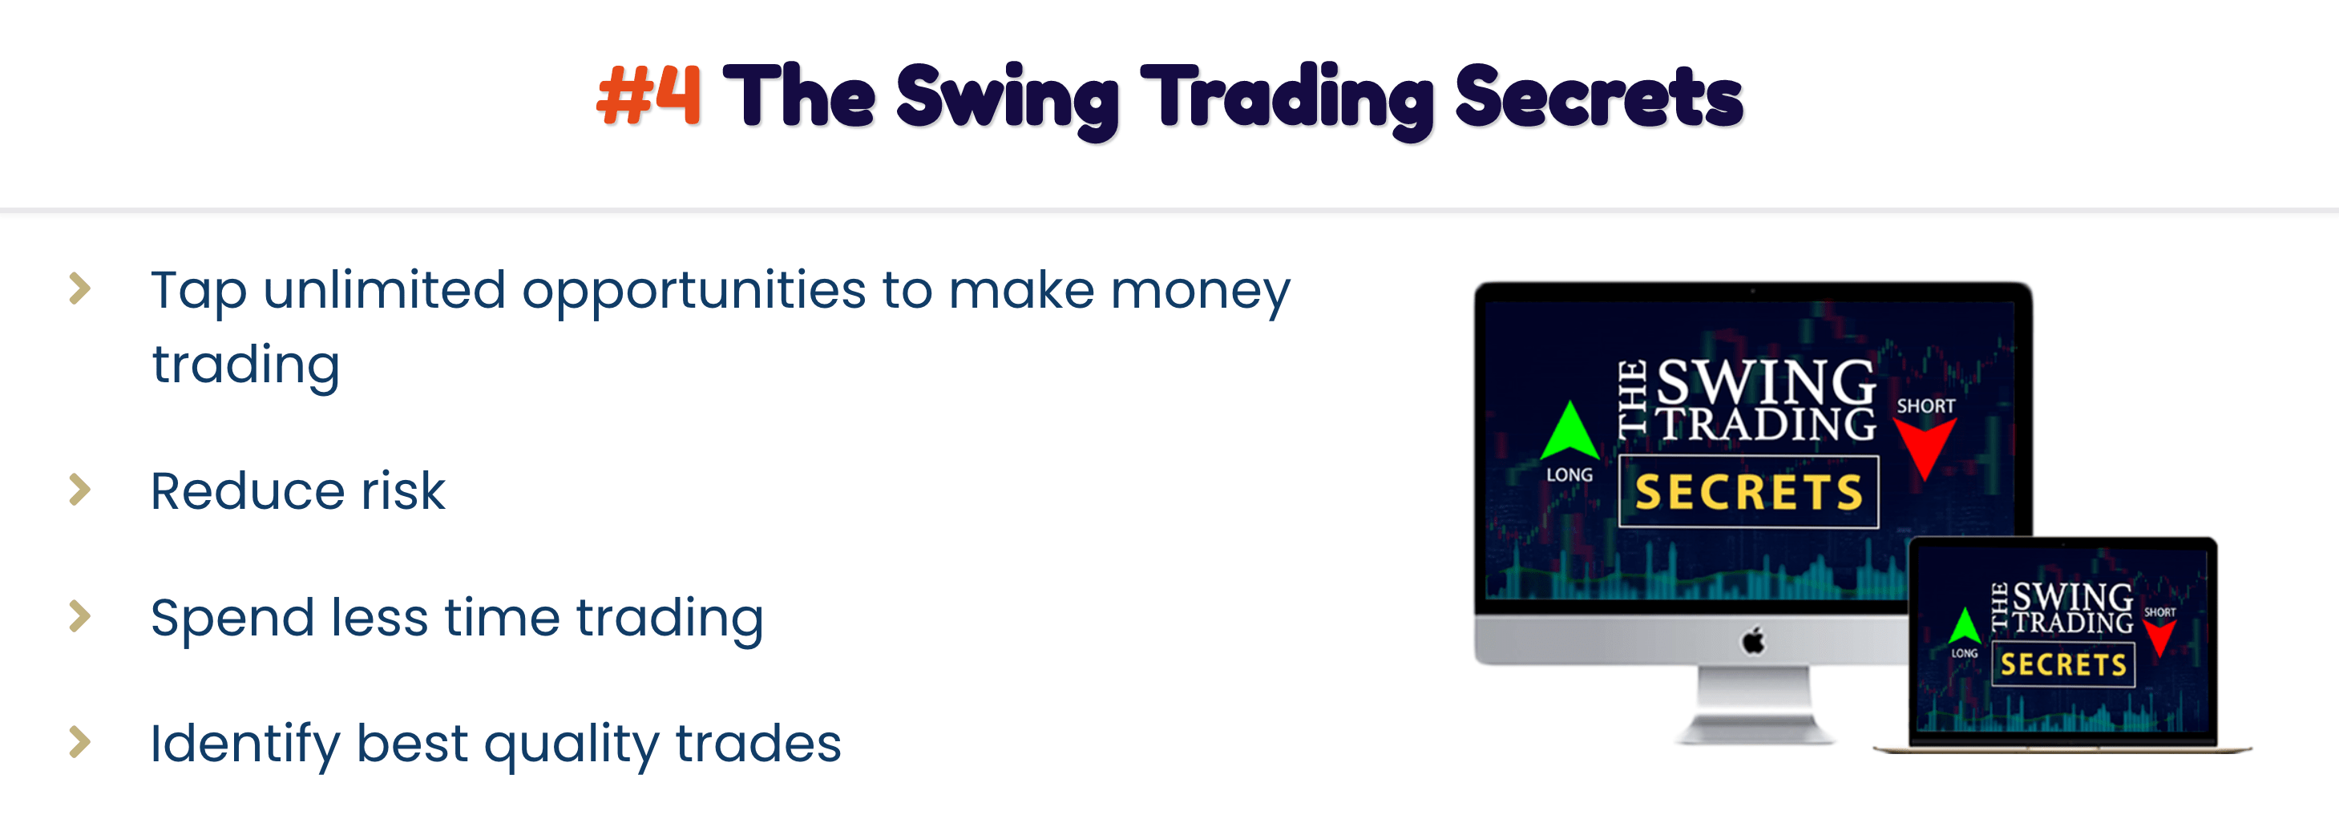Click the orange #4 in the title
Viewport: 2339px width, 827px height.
[x=648, y=95]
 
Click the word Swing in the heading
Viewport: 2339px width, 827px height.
[x=1008, y=100]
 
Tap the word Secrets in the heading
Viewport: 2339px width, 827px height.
[x=1599, y=96]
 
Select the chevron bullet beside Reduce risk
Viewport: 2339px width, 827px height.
[x=81, y=490]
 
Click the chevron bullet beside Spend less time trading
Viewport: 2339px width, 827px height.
[x=81, y=615]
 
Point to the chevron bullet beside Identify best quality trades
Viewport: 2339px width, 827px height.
[x=81, y=742]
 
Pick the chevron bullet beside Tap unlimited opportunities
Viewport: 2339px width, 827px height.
[x=81, y=288]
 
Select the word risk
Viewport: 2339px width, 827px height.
[x=403, y=490]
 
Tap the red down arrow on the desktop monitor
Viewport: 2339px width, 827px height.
[x=1924, y=447]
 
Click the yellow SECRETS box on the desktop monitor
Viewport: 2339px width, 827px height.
[x=1749, y=492]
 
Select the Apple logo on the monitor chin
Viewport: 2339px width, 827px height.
[x=1753, y=640]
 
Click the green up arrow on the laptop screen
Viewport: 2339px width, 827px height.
[x=1965, y=626]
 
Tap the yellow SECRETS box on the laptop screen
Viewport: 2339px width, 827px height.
[x=2063, y=664]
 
